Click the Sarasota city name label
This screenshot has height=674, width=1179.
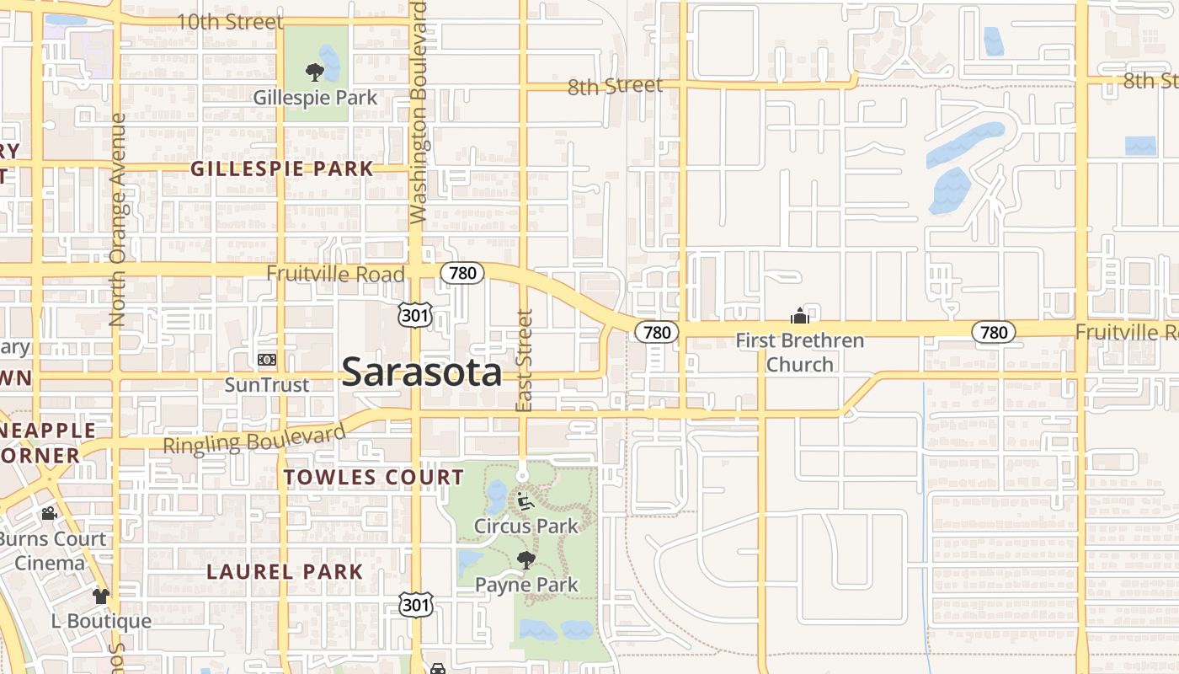click(422, 372)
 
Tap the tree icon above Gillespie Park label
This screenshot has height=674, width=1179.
click(315, 72)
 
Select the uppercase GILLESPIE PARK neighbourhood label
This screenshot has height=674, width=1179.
click(281, 168)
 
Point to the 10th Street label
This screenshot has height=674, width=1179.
click(230, 22)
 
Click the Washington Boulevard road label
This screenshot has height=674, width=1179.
click(419, 113)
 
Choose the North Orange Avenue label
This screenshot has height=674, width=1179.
click(117, 220)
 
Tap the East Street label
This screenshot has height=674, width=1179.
click(525, 361)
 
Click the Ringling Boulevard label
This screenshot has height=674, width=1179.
click(253, 440)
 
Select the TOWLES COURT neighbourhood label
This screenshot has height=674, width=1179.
click(373, 478)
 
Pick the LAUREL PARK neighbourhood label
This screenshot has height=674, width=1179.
click(285, 571)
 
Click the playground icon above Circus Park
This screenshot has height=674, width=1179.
click(525, 502)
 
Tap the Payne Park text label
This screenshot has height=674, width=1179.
click(526, 585)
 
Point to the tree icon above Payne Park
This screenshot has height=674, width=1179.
click(526, 560)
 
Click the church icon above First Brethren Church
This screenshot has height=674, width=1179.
click(799, 316)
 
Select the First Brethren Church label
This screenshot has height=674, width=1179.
click(799, 352)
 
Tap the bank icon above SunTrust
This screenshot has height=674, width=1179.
click(267, 360)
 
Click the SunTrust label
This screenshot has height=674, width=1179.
click(267, 385)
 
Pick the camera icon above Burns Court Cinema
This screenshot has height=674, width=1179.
click(49, 513)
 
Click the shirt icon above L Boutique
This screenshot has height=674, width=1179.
click(101, 596)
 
